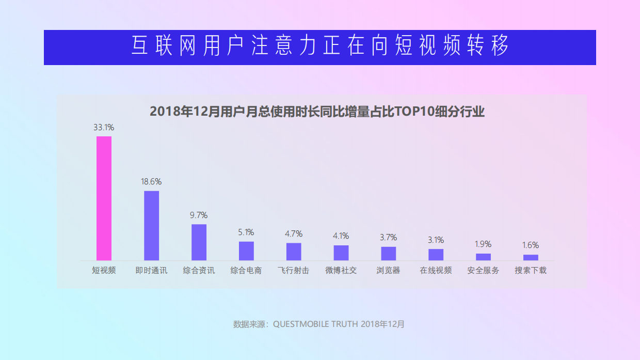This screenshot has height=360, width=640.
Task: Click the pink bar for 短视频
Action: point(104,198)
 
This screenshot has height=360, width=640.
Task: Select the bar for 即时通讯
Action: point(151,226)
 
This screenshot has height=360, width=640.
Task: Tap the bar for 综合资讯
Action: point(199,242)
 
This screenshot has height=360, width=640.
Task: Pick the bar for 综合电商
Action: point(246,251)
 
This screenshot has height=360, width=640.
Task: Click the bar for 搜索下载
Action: point(531,257)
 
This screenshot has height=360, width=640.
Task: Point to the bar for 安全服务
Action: point(483,257)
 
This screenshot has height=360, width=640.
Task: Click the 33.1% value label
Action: point(104,127)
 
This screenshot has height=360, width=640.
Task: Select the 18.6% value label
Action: point(151,182)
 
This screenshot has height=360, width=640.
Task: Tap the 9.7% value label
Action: point(199,215)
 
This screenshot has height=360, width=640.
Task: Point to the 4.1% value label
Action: point(341,236)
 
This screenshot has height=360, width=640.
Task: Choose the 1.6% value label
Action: point(531,245)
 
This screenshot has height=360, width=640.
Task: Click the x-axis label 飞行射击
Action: point(293,270)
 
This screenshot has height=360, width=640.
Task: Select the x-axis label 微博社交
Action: point(341,270)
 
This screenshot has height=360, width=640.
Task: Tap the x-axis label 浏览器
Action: point(388,270)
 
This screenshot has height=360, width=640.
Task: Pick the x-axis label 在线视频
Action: point(436,270)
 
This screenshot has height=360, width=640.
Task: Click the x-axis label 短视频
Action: point(104,270)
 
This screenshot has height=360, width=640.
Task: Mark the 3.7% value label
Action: point(388,238)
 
